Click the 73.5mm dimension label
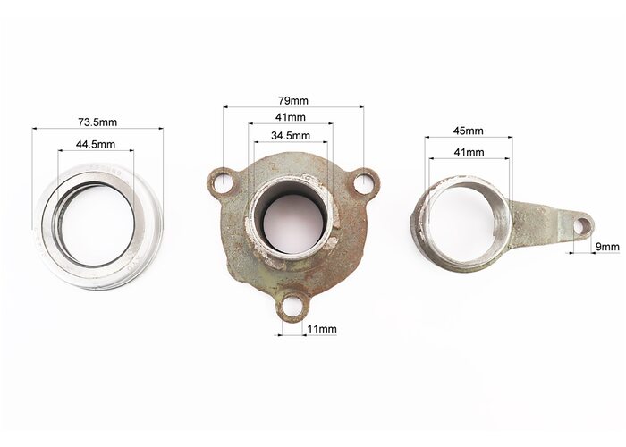click(x=97, y=122)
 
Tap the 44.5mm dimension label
click(x=96, y=144)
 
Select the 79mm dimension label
click(x=293, y=100)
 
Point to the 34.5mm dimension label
click(x=291, y=135)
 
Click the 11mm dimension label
click(x=322, y=329)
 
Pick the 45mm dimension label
click(x=469, y=131)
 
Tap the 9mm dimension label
click(x=607, y=247)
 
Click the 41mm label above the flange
click(x=291, y=117)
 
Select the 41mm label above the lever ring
click(x=469, y=152)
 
